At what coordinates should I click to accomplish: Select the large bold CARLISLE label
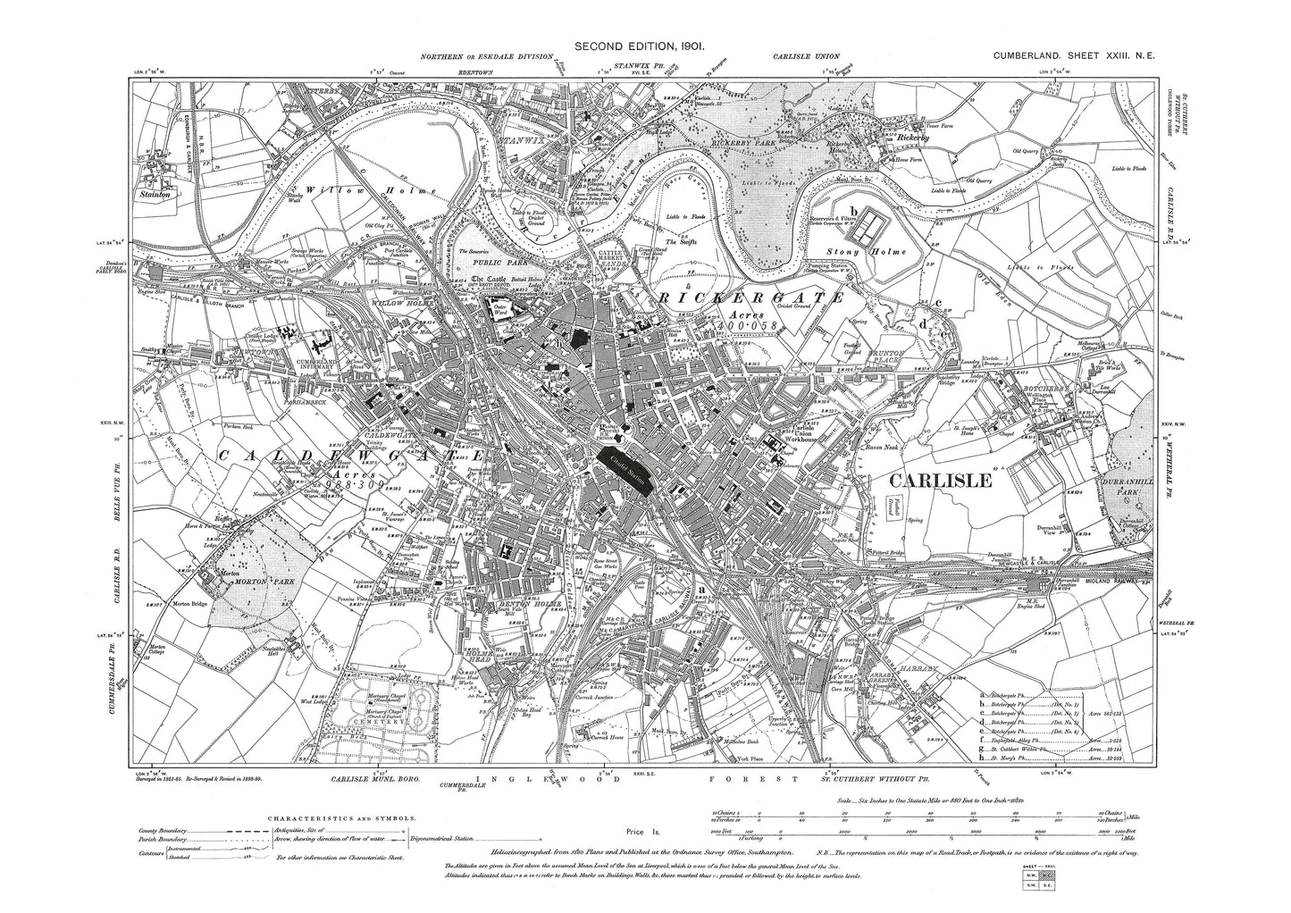941,481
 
